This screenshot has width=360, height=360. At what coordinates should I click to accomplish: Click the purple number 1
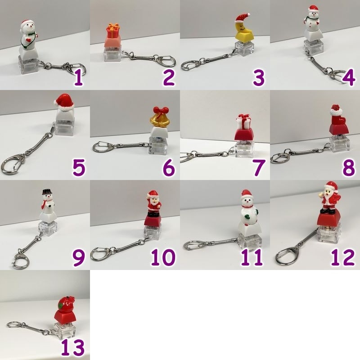click(x=78, y=78)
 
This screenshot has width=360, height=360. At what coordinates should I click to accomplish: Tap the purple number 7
click(x=259, y=168)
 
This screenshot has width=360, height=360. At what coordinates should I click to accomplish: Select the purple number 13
click(x=73, y=347)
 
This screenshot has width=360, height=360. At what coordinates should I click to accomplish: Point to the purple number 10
click(x=163, y=257)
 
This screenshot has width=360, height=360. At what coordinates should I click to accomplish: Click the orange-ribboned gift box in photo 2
click(x=113, y=31)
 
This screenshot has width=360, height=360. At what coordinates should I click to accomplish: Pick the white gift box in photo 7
click(x=243, y=121)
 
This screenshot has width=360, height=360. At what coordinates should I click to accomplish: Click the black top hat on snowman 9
click(x=47, y=191)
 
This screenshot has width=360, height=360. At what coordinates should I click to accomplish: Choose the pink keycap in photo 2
click(x=113, y=42)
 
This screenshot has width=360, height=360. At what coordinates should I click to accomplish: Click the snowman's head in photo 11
click(x=247, y=200)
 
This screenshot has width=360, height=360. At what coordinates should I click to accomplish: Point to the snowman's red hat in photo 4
click(x=313, y=9)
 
